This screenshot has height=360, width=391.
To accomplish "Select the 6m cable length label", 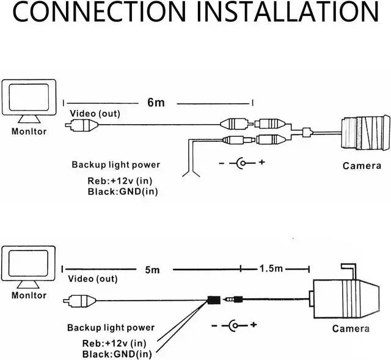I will (156, 103).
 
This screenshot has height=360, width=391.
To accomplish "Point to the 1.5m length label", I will (271, 269).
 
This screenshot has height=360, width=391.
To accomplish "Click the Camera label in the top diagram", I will (360, 165).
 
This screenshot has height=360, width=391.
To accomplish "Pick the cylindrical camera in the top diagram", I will (365, 133).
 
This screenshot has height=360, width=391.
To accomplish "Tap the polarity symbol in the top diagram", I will (243, 163).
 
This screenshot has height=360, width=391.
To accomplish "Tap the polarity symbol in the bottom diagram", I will (235, 325).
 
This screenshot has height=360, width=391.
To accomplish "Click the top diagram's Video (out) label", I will (95, 114).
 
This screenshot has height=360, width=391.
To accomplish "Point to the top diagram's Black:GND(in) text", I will (120, 193).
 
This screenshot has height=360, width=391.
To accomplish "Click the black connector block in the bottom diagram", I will (214, 300).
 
